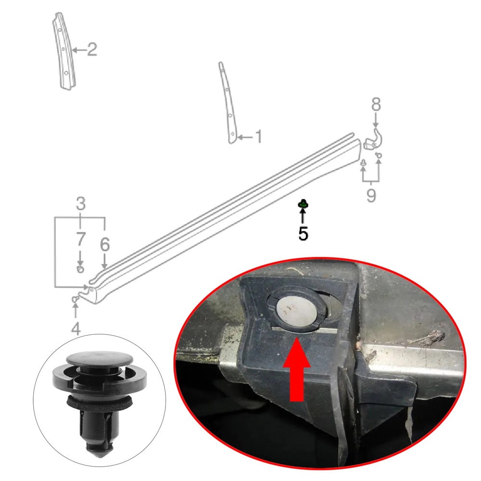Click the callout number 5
(x=303, y=234)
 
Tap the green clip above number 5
(x=304, y=203)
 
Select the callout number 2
(x=92, y=50)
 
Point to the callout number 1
(x=258, y=137)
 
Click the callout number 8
(x=376, y=104)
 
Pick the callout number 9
(x=371, y=195)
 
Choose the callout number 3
(x=80, y=203)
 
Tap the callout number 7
(x=80, y=239)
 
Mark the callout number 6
(x=105, y=245)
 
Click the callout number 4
(x=76, y=329)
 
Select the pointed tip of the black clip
(x=100, y=454)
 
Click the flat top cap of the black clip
(x=100, y=359)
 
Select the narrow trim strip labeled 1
(x=228, y=103)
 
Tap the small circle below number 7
(x=80, y=270)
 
